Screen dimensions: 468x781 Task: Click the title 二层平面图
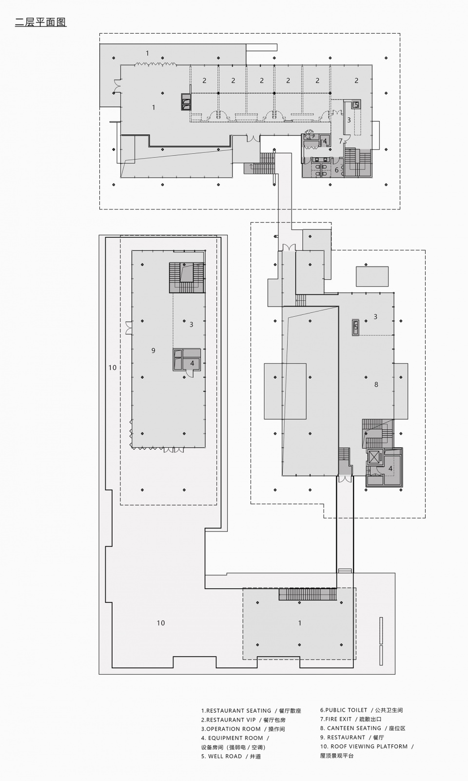click(x=40, y=22)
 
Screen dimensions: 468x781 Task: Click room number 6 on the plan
click(x=336, y=170)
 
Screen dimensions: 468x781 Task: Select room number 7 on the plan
click(x=341, y=141)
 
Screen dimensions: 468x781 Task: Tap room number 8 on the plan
click(x=376, y=385)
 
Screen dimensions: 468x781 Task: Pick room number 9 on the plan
click(x=153, y=351)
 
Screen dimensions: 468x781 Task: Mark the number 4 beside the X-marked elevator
click(x=390, y=469)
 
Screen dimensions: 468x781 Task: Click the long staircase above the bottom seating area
click(x=308, y=594)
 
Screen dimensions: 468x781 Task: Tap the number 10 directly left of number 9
click(x=112, y=368)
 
